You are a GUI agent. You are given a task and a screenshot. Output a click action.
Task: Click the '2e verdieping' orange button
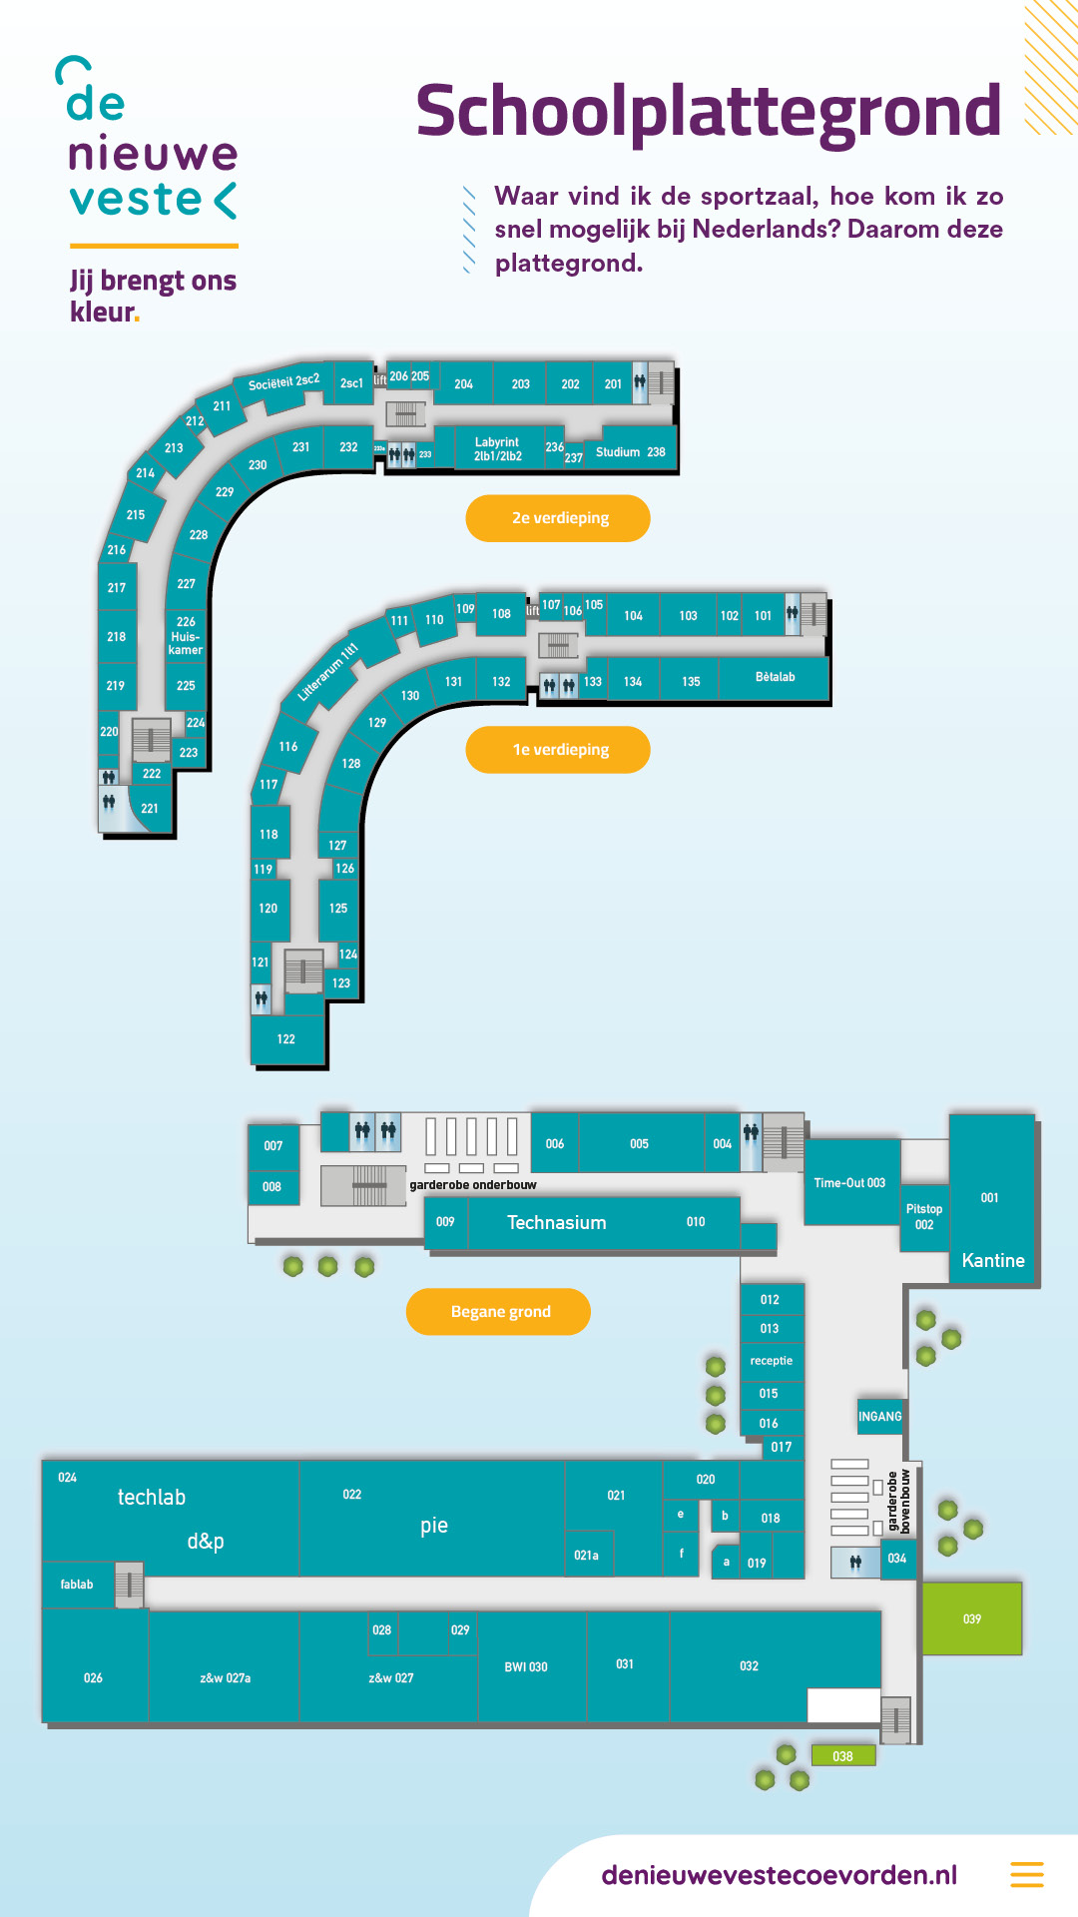[558, 518]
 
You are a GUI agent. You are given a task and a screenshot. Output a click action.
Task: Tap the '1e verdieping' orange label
[558, 750]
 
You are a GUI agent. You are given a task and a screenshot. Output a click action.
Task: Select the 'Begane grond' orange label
[499, 1312]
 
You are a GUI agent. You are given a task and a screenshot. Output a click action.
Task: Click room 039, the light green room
[971, 1618]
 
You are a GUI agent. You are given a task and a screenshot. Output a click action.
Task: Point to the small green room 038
[842, 1756]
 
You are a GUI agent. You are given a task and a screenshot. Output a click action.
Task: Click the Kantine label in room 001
[992, 1261]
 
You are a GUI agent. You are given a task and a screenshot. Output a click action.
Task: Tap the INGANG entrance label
[879, 1417]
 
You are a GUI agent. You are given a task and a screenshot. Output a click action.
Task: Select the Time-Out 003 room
[849, 1183]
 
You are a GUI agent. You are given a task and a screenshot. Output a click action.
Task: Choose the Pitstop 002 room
[924, 1216]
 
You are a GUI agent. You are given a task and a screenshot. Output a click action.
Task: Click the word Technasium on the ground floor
[556, 1223]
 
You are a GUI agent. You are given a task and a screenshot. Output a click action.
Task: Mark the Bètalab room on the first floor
[775, 677]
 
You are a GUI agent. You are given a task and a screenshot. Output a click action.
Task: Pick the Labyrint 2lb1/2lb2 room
[497, 449]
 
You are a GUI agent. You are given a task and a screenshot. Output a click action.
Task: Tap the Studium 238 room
[630, 452]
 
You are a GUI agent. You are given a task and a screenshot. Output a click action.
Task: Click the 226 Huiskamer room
[186, 636]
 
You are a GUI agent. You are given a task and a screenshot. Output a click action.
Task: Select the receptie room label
[771, 1361]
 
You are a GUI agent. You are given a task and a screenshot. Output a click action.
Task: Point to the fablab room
[77, 1585]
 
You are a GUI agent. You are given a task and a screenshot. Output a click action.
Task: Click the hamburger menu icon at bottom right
[1026, 1874]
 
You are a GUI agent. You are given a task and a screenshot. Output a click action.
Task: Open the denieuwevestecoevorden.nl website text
[779, 1875]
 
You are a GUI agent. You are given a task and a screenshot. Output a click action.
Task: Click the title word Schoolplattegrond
[708, 112]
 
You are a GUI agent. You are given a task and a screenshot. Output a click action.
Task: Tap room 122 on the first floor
[286, 1039]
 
